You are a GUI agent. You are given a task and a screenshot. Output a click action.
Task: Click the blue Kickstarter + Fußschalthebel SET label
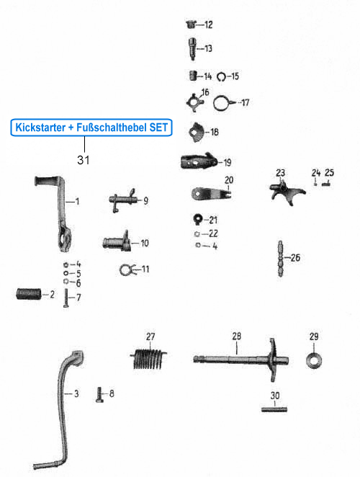pos(91,128)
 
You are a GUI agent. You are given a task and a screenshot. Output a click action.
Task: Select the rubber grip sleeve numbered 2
pos(28,294)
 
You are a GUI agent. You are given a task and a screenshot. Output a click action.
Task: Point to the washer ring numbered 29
pos(314,357)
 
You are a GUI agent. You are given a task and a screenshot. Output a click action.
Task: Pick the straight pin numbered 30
pos(274,411)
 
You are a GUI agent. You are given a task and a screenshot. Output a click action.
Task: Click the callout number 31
pos(84,159)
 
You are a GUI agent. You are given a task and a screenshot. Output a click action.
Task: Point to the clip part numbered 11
pos(126,270)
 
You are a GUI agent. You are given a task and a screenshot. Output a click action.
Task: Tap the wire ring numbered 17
pos(225,102)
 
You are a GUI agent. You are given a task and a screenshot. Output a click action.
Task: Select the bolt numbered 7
pos(64,298)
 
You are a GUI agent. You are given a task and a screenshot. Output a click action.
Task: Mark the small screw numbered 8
pos(100,394)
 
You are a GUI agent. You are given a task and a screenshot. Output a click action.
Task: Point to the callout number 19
pos(227,163)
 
